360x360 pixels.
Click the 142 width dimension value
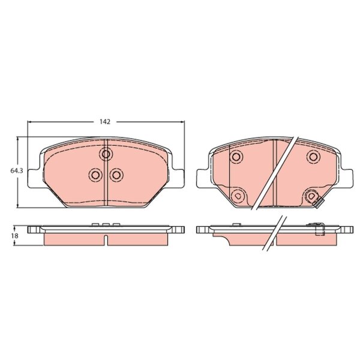[105, 122]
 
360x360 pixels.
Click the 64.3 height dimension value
[17, 171]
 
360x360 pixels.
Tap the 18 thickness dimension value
[16, 236]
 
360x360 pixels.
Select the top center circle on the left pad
[106, 154]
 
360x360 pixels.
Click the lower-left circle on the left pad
[95, 175]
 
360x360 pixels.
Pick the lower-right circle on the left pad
[116, 175]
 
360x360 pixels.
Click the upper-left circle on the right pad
[236, 157]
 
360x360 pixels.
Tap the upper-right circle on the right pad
[313, 157]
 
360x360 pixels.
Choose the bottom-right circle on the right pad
[311, 196]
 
